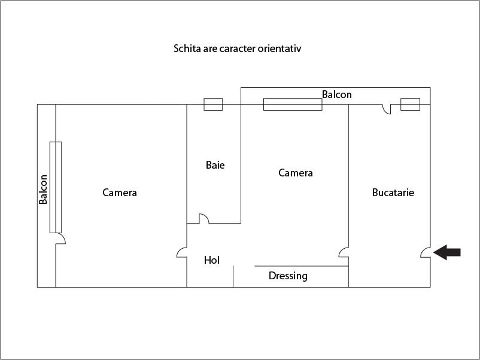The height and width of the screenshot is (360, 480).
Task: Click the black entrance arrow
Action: (447, 252)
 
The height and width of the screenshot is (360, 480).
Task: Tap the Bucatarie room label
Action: (393, 193)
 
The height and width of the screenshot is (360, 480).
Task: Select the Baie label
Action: (215, 164)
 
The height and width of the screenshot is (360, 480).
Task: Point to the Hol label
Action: (212, 260)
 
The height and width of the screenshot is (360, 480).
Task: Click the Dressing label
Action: (288, 276)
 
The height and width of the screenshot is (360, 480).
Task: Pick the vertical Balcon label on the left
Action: (43, 190)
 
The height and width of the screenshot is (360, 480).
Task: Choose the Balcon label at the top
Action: (337, 94)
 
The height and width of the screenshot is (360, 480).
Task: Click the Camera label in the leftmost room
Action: (120, 193)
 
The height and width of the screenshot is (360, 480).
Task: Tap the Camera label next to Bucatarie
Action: (296, 173)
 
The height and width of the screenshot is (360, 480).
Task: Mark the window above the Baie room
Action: (213, 105)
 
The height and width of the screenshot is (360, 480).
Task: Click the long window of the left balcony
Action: (56, 187)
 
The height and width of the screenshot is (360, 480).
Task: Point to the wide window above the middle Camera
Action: (293, 105)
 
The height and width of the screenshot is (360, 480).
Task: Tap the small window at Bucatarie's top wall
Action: (410, 105)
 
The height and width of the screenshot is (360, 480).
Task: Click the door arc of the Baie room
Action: (203, 219)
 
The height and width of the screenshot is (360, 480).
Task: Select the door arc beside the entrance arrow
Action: (426, 253)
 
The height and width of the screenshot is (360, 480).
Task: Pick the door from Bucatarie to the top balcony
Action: (387, 109)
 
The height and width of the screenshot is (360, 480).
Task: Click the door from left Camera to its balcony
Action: (60, 239)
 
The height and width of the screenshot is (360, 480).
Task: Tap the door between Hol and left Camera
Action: (182, 253)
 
